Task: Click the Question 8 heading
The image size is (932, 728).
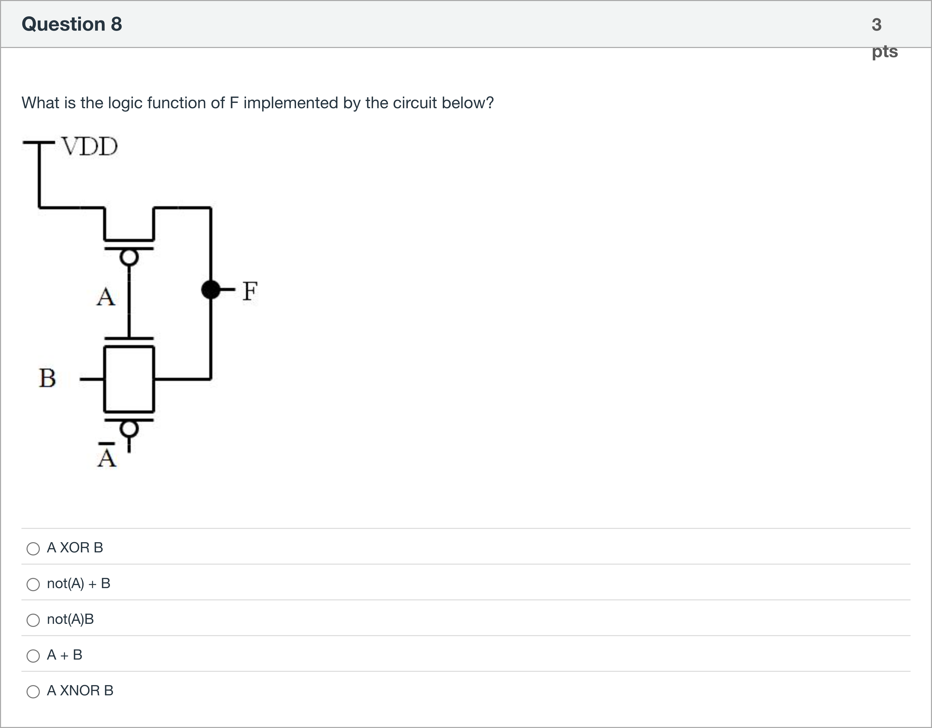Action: [x=72, y=24]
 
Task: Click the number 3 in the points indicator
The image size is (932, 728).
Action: [x=877, y=25]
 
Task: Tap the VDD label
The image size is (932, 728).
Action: [x=90, y=147]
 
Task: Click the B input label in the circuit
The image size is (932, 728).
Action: [x=47, y=378]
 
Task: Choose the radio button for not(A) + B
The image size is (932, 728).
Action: [x=33, y=584]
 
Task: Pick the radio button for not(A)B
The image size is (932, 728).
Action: [x=33, y=620]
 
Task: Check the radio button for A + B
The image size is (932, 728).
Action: [x=33, y=656]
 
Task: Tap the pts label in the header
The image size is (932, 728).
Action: [x=885, y=51]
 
